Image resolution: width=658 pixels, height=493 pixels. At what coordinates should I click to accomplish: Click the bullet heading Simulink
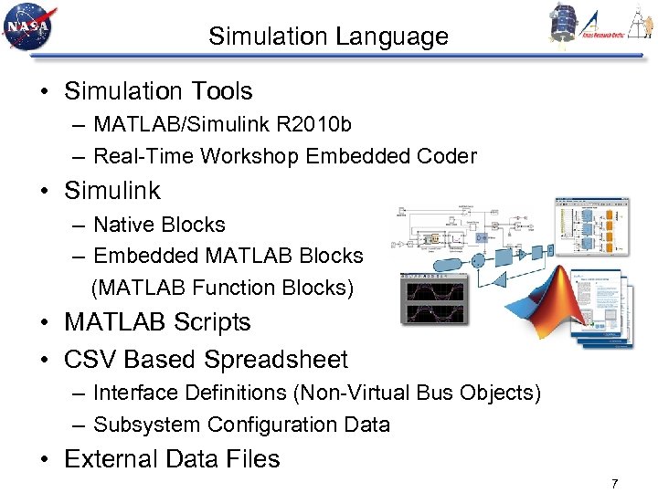[111, 191]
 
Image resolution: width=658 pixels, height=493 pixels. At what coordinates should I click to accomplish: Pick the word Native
[123, 225]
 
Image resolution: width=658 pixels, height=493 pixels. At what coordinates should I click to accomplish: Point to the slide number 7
[615, 483]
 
